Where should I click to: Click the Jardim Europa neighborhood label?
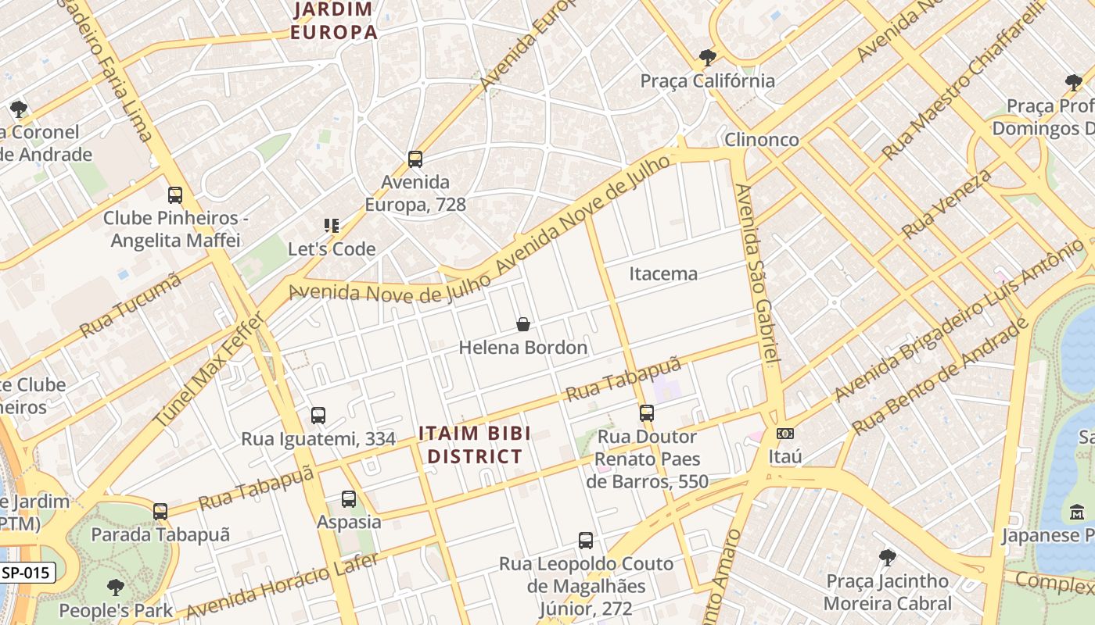[333, 21]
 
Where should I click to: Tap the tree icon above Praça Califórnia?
[707, 57]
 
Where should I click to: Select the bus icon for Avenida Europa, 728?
[415, 159]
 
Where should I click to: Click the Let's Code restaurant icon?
[332, 226]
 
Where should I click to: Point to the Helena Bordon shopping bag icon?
[523, 324]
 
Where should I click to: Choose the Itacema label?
[663, 273]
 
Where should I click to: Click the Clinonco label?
[761, 140]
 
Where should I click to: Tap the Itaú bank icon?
[784, 434]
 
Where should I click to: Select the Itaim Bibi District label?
[475, 445]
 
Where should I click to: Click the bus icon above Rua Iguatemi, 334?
[318, 416]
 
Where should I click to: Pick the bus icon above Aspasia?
[349, 498]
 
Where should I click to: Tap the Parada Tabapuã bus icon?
[160, 512]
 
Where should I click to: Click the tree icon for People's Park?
[116, 587]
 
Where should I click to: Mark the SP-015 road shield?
[27, 573]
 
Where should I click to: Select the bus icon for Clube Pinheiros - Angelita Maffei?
[175, 195]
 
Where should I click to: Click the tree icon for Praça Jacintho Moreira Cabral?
[887, 558]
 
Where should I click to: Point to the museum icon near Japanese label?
[1077, 512]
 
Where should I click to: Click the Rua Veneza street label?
[946, 204]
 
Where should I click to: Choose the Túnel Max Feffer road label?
[210, 369]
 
